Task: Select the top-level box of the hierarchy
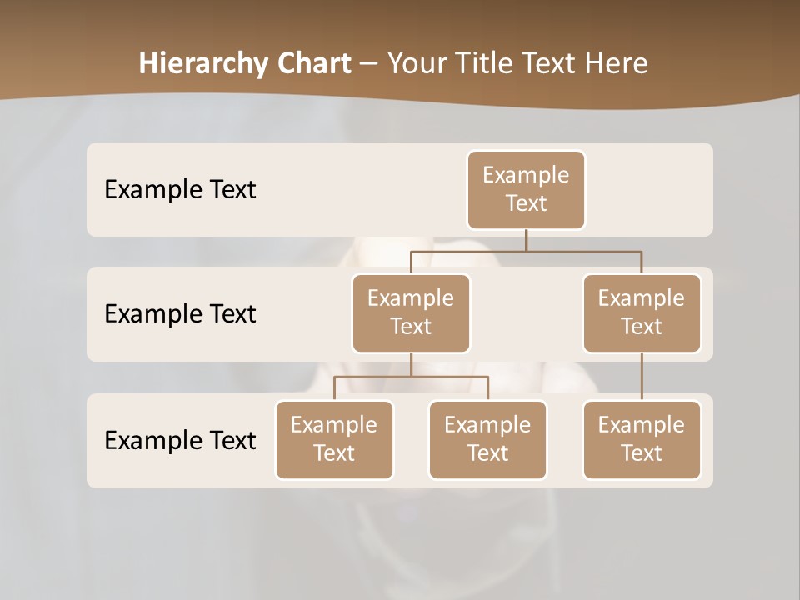click(x=526, y=190)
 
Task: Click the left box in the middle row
click(x=411, y=313)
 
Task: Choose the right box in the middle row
click(x=642, y=313)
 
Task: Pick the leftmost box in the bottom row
click(x=334, y=440)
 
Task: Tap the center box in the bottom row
click(x=487, y=440)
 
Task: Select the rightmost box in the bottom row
click(x=642, y=440)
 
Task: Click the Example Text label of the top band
click(x=180, y=190)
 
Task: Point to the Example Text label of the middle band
click(x=180, y=314)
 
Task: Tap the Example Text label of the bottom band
click(x=180, y=440)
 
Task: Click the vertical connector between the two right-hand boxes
click(x=642, y=377)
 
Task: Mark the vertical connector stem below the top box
click(x=526, y=240)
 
